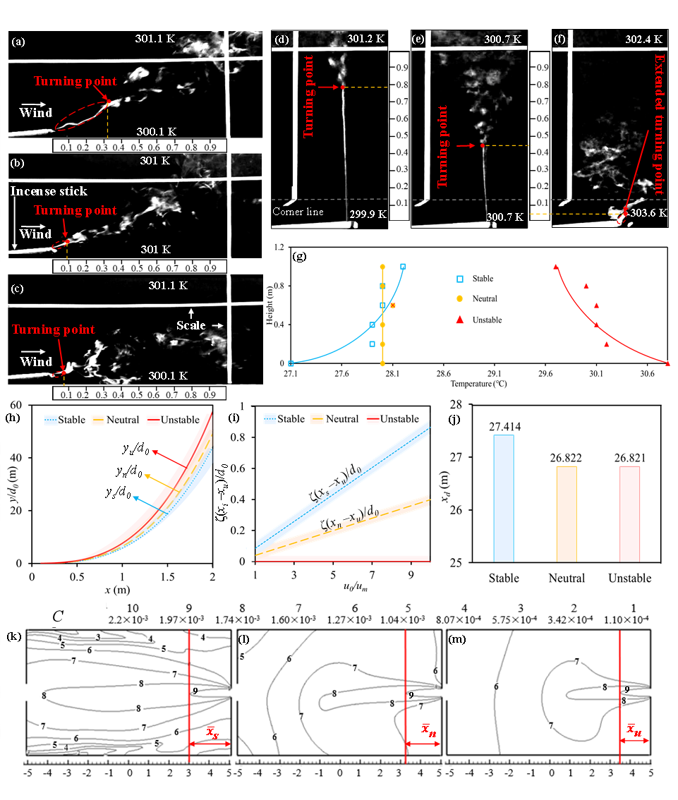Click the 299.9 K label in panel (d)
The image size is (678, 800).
tap(366, 214)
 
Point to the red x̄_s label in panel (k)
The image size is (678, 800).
tap(212, 732)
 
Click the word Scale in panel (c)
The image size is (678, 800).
tap(190, 326)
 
